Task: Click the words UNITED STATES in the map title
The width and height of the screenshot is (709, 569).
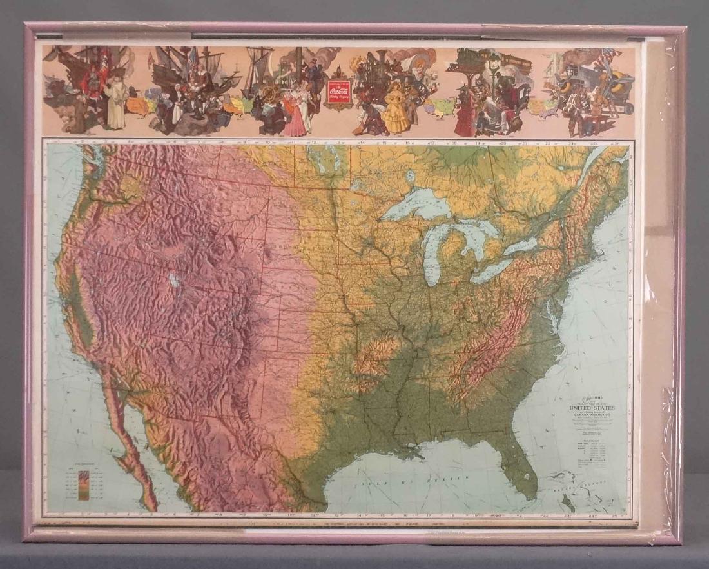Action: (x=592, y=408)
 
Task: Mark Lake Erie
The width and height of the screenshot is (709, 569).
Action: (x=493, y=270)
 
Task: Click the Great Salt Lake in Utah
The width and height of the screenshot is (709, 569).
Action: (x=172, y=281)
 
